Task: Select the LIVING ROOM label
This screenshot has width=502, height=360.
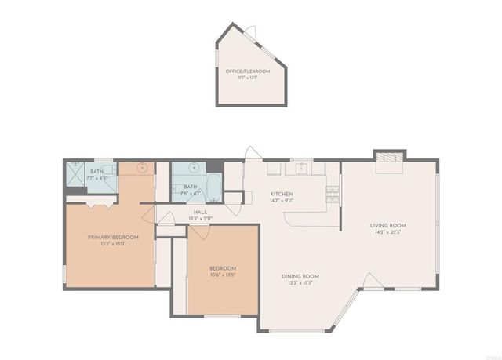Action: click(x=387, y=225)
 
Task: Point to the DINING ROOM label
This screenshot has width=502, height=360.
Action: click(x=300, y=276)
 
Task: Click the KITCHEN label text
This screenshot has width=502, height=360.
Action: click(x=282, y=194)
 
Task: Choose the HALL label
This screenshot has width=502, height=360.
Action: click(x=200, y=212)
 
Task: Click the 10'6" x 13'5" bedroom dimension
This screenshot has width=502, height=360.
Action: click(x=223, y=275)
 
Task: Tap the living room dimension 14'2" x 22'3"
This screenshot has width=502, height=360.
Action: click(x=387, y=233)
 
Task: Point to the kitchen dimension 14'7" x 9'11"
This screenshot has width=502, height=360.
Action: click(x=282, y=201)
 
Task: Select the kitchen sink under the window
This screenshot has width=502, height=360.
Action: click(x=300, y=167)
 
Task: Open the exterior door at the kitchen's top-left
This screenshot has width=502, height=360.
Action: click(x=251, y=153)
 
